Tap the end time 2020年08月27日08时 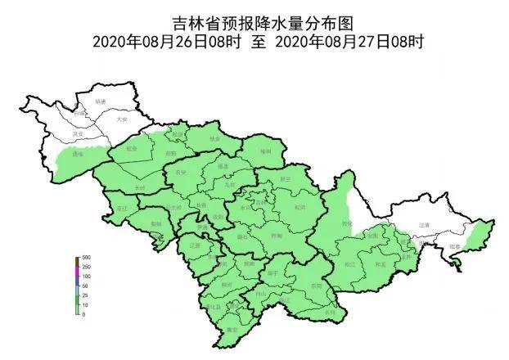click(x=350, y=42)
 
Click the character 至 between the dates click(x=257, y=42)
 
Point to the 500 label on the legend click(x=86, y=259)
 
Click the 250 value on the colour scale click(x=86, y=268)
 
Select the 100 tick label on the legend click(x=86, y=277)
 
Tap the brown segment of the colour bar click(x=77, y=260)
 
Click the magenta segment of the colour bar click(x=77, y=268)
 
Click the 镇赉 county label click(x=100, y=101)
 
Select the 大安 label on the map click(x=122, y=119)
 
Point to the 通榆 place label click(x=79, y=153)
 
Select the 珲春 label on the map click(x=455, y=245)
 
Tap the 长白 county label click(x=330, y=313)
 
